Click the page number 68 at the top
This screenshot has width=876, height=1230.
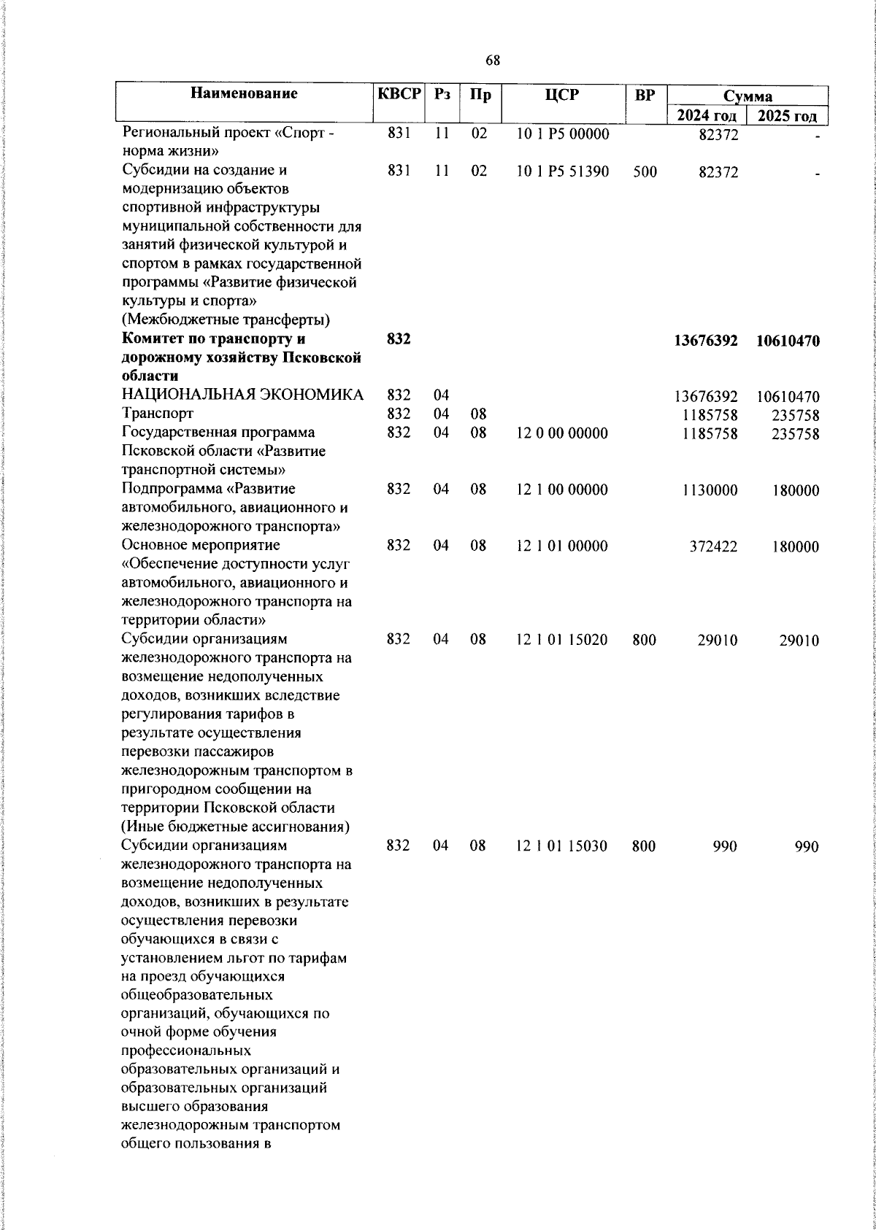coord(493,61)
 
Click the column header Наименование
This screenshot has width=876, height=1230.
coord(245,93)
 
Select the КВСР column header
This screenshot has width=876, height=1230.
coord(399,94)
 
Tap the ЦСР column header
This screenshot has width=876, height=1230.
coord(562,95)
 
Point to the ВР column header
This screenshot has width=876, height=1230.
coord(645,95)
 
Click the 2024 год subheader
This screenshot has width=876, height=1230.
coord(706,116)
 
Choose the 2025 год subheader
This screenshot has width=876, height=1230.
coord(787,116)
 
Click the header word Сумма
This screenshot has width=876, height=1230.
coord(748,96)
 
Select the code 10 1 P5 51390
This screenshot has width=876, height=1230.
coord(562,172)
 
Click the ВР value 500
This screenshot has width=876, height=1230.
coord(645,172)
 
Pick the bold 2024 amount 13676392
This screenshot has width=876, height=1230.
coord(706,341)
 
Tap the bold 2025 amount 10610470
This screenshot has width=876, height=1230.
coord(788,341)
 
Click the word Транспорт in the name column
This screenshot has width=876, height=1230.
coord(158,414)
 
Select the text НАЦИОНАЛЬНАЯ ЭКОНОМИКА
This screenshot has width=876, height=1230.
coord(242,396)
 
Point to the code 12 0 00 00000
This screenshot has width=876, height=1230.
coord(562,433)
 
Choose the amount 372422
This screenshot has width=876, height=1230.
coord(713,546)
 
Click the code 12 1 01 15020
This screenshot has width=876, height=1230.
coord(562,640)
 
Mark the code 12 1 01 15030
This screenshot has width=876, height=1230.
coord(562,846)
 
